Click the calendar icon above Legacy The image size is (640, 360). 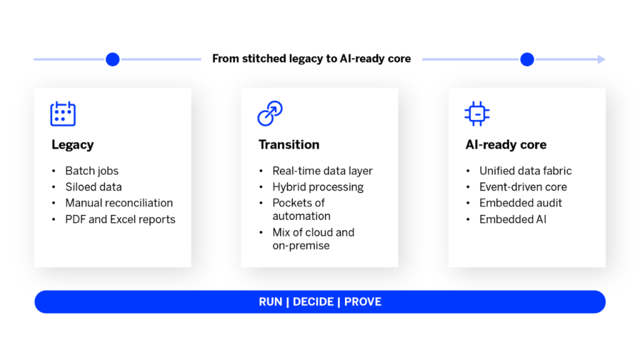[62, 114]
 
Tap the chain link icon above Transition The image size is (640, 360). [270, 114]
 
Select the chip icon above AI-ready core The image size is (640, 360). [477, 114]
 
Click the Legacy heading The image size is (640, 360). [72, 145]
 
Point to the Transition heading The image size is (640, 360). [289, 145]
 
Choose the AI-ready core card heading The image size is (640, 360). [506, 145]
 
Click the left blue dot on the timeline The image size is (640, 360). [112, 59]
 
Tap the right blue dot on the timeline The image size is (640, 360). [527, 59]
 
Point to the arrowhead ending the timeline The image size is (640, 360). [602, 59]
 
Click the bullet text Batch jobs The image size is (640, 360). [92, 171]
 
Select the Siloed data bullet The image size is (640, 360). [94, 187]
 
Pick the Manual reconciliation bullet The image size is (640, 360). [119, 203]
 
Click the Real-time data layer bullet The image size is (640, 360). [322, 171]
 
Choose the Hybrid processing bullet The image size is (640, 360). [317, 187]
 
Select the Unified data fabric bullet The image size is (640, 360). [525, 171]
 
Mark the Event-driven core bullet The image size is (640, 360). [523, 187]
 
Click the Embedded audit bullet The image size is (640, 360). [521, 203]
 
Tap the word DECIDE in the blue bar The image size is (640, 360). [313, 302]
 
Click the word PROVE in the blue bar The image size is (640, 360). [362, 302]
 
